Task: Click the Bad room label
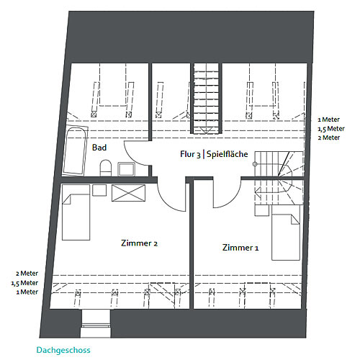(99, 148)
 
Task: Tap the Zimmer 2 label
(139, 243)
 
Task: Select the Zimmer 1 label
(240, 248)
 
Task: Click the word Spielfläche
(227, 154)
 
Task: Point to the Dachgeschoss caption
(63, 350)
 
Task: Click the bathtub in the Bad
(75, 151)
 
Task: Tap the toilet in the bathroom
(106, 168)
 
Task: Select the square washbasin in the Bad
(126, 169)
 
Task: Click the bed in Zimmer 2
(76, 212)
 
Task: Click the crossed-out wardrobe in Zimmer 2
(129, 193)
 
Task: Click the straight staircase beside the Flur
(206, 99)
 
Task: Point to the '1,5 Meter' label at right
(331, 129)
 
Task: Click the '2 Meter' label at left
(27, 274)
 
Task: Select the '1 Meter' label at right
(329, 120)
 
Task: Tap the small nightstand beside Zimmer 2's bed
(99, 190)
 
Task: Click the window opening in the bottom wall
(96, 323)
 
